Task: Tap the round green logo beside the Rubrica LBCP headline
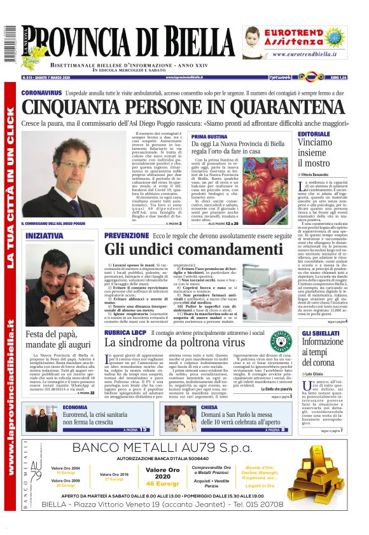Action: pyautogui.click(x=277, y=341)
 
